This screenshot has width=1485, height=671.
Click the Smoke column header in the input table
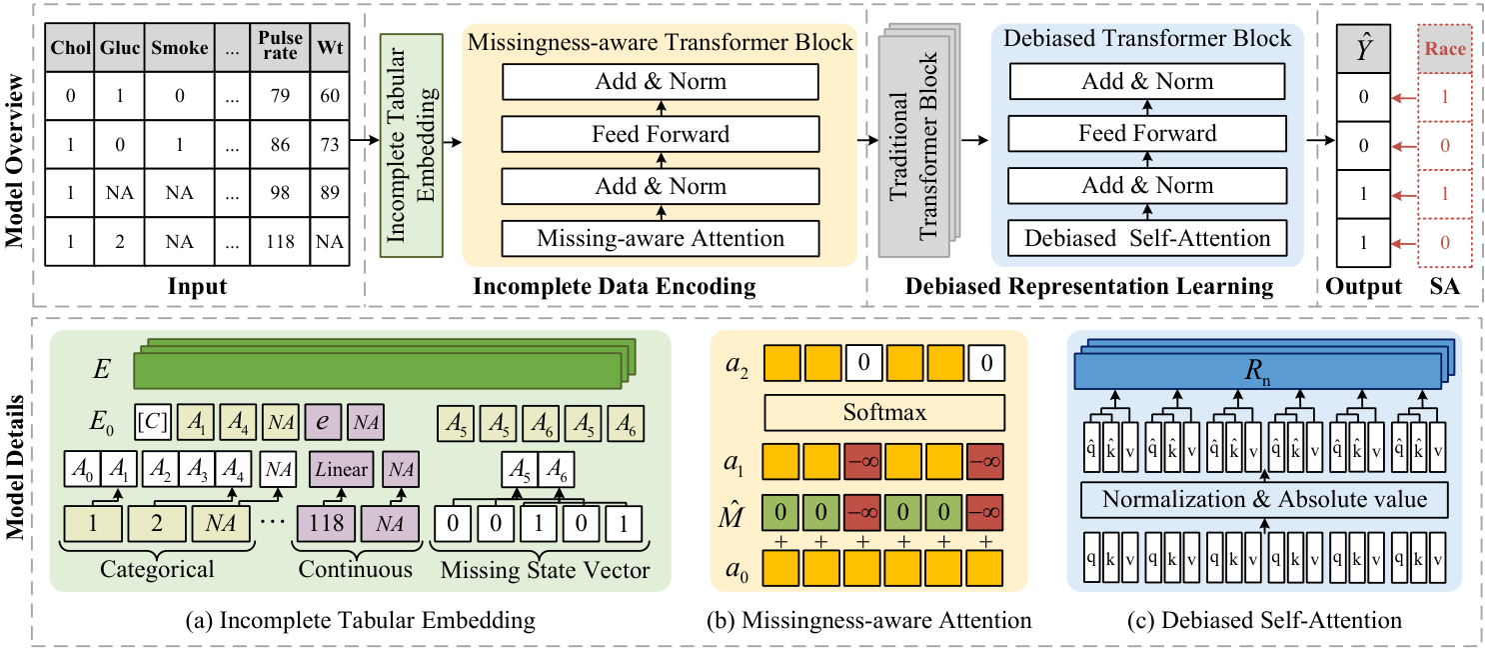(181, 47)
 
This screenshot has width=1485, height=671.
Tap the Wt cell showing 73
(329, 144)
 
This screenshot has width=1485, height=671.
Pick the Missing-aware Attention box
(660, 238)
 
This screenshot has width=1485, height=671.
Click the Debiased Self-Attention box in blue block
(1146, 238)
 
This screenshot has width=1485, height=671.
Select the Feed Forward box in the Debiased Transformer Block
(1146, 133)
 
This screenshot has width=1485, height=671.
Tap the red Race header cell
(1442, 46)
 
